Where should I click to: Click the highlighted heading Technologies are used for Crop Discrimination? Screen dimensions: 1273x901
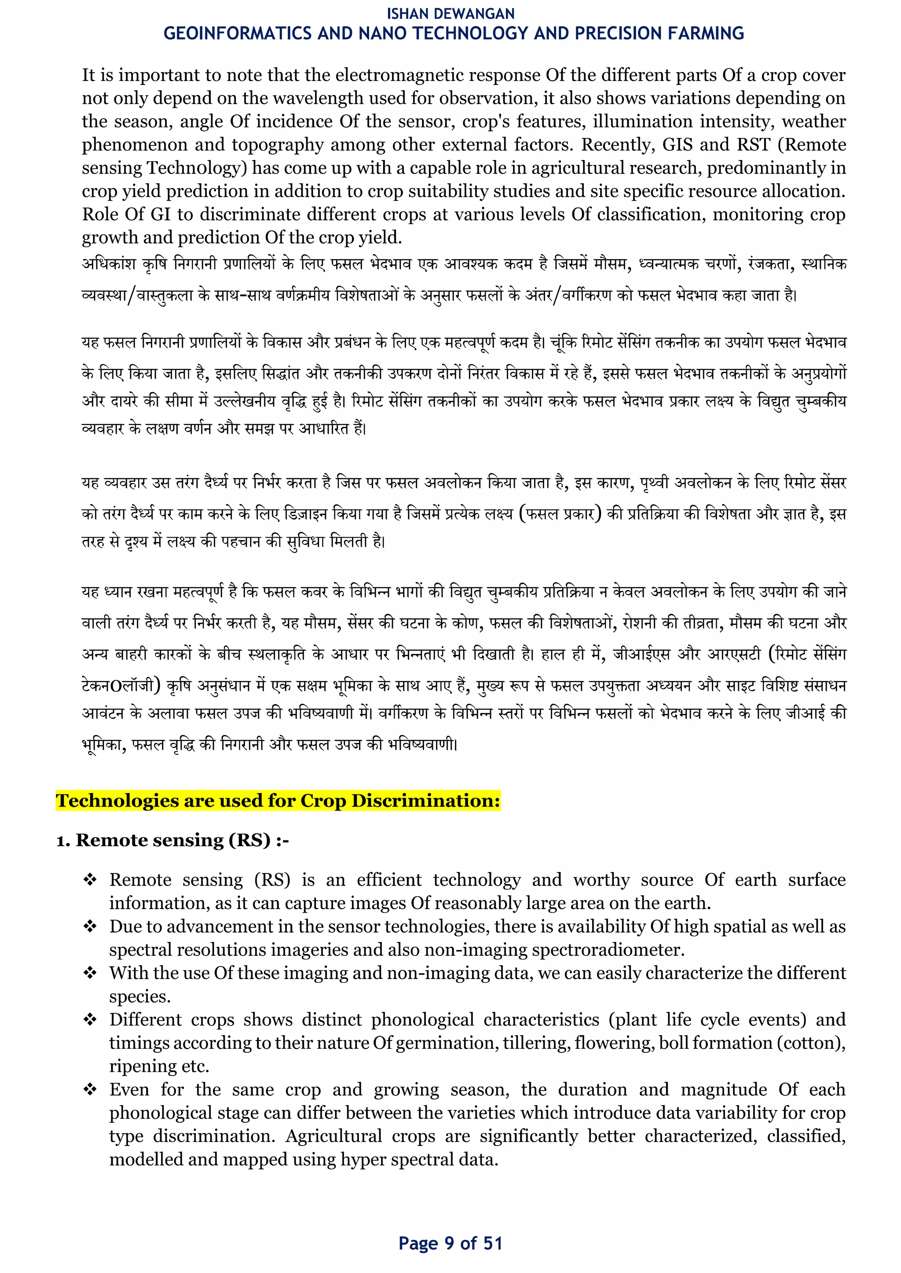pos(278,800)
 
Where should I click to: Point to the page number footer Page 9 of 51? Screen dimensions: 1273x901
pos(450,1243)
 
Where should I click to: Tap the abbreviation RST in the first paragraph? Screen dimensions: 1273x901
pos(754,145)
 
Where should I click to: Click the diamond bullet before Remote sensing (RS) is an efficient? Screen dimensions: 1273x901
pos(90,879)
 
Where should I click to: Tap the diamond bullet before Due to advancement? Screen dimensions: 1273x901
pos(90,926)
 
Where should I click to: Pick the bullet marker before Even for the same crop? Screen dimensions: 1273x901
pos(90,1089)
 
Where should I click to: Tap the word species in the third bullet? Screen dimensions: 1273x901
pos(139,997)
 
